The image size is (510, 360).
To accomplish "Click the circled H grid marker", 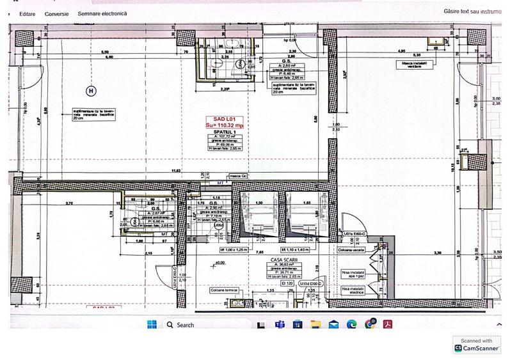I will [91, 91].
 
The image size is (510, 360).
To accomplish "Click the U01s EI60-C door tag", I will [353, 235].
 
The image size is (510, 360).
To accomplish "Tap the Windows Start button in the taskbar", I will [152, 325].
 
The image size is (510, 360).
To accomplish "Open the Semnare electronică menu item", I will [102, 13].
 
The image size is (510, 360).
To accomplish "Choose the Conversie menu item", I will [56, 13].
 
